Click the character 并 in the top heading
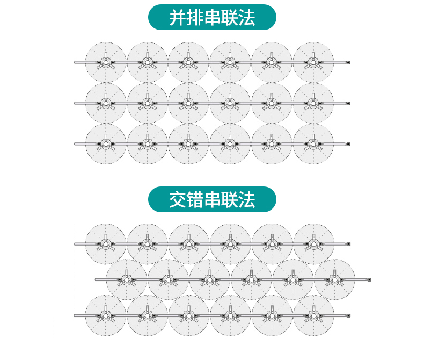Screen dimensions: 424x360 [178, 18]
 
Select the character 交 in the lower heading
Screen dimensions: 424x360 [178, 200]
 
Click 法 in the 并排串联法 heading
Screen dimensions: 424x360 [246, 18]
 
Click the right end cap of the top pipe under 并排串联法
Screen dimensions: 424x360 [348, 62]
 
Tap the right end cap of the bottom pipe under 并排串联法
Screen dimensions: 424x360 [348, 144]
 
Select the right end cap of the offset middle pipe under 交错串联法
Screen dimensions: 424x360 [369, 279]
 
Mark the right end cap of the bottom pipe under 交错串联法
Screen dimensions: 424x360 [348, 315]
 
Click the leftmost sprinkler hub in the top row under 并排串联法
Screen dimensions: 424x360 [106, 62]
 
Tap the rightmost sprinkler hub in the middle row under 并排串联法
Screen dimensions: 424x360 [313, 103]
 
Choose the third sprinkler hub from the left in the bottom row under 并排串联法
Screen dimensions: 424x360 [188, 144]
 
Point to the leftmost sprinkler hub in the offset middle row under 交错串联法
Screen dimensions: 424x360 [127, 279]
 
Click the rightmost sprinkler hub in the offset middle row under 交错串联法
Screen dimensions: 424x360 [334, 279]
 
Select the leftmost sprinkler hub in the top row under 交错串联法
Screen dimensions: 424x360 [106, 244]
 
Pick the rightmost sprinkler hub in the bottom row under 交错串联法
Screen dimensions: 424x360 [313, 315]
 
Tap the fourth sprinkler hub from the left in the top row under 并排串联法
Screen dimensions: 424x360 [230, 62]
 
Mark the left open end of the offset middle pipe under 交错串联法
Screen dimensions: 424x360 [96, 279]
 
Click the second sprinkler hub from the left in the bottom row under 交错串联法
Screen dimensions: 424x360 [147, 315]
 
